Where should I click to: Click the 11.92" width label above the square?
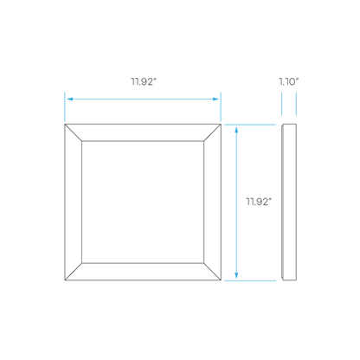point(144,81)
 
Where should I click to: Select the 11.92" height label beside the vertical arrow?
point(259,202)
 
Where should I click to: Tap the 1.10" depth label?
point(288,81)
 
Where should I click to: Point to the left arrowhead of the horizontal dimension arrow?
point(70,99)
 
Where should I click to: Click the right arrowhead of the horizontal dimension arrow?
point(215,99)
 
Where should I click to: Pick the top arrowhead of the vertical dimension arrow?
point(236,130)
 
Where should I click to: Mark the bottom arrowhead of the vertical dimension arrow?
point(236,275)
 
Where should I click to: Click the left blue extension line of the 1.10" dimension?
point(282,104)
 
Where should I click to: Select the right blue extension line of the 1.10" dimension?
point(296,104)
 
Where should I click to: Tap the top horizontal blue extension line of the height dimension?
point(250,125)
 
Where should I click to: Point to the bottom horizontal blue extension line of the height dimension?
point(250,280)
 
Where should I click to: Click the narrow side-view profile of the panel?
point(289,202)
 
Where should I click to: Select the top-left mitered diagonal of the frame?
point(74,132)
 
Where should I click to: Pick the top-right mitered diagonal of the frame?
point(212,132)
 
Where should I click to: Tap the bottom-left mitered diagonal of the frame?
point(74,272)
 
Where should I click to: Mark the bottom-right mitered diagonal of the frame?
point(212,272)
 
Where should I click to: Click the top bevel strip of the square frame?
point(143,132)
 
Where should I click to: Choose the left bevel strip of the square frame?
point(74,202)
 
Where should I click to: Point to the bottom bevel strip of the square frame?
point(143,272)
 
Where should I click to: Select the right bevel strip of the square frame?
point(212,202)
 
